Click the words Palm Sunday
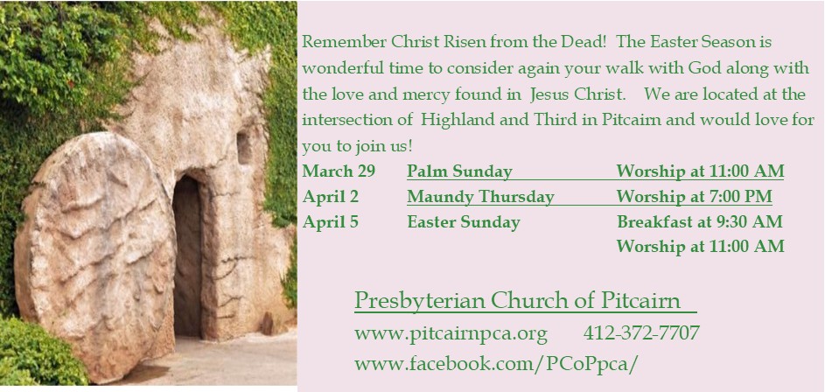pyautogui.click(x=459, y=171)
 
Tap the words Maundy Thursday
pyautogui.click(x=480, y=197)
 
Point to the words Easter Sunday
pyautogui.click(x=463, y=222)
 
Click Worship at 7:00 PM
pyautogui.click(x=694, y=197)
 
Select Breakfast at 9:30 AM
pyautogui.click(x=699, y=222)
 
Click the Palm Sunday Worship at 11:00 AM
pyautogui.click(x=700, y=171)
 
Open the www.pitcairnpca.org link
pyautogui.click(x=451, y=333)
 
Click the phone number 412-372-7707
pyautogui.click(x=641, y=333)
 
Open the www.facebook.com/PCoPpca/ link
pyautogui.click(x=501, y=363)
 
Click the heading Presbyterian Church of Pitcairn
pyautogui.click(x=517, y=301)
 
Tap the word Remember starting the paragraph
pyautogui.click(x=340, y=42)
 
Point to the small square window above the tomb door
pyautogui.click(x=244, y=145)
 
